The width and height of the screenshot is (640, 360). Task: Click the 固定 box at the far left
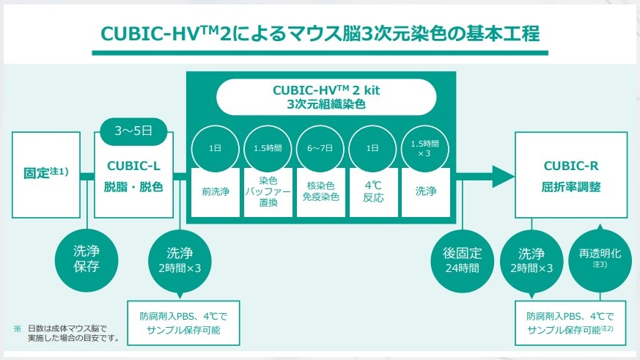(45, 175)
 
